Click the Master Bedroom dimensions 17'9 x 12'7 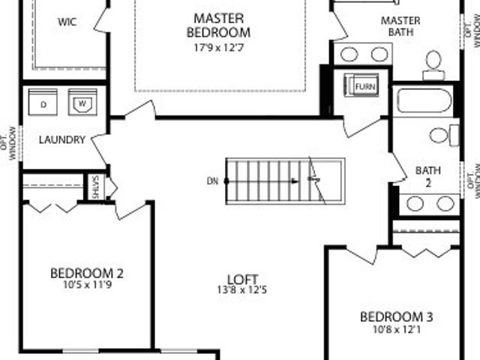[x=219, y=47]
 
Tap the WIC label [x=67, y=22]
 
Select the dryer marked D [x=43, y=102]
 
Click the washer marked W [x=82, y=102]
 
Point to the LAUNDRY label [x=62, y=140]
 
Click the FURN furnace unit [x=361, y=85]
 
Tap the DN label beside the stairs [x=212, y=181]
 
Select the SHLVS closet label [x=95, y=187]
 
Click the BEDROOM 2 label [x=87, y=273]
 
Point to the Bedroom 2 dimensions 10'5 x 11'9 [x=88, y=285]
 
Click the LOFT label [x=242, y=279]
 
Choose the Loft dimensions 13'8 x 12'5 [x=242, y=289]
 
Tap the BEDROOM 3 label [x=397, y=316]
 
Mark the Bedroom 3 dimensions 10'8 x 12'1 [x=397, y=329]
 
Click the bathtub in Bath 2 [x=424, y=100]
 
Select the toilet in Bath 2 [x=444, y=135]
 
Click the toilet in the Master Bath [x=433, y=65]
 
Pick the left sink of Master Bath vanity [x=349, y=55]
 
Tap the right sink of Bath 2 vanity [x=445, y=203]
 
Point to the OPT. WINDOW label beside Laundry [x=8, y=143]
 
